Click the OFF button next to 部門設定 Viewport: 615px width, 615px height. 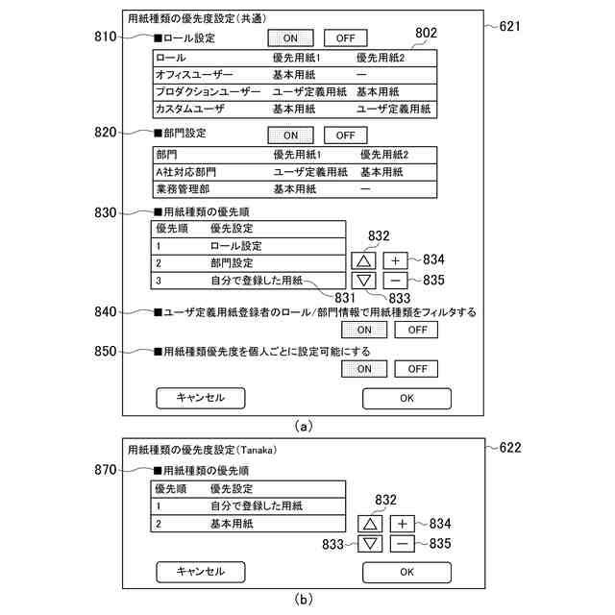pyautogui.click(x=346, y=135)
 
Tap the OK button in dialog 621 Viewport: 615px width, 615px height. pyautogui.click(x=406, y=398)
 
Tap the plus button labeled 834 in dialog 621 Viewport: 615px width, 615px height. pyautogui.click(x=397, y=259)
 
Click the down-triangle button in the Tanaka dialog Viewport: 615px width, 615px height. pyautogui.click(x=372, y=544)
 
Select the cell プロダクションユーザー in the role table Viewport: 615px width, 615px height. pyautogui.click(x=208, y=91)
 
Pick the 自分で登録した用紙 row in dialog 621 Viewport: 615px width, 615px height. pyautogui.click(x=256, y=280)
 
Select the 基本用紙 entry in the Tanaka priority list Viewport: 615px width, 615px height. pyautogui.click(x=232, y=524)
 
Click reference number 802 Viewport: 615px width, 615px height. pyautogui.click(x=426, y=32)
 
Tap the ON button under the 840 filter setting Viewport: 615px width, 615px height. pyautogui.click(x=364, y=330)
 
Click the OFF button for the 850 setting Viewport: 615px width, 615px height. pyautogui.click(x=415, y=369)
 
